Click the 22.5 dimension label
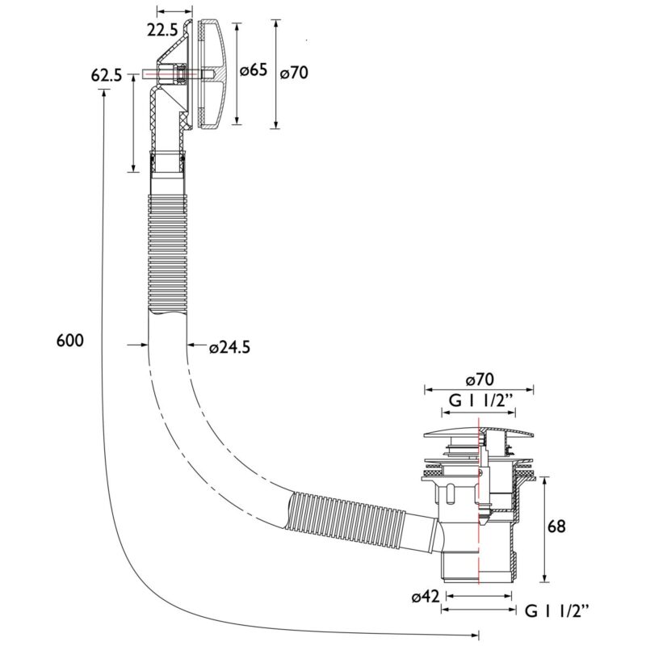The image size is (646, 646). click(x=162, y=31)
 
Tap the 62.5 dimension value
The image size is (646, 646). click(x=107, y=76)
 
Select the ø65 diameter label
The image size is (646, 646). click(x=254, y=70)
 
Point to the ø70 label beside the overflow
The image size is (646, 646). click(x=294, y=73)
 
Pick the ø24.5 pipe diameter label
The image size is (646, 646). click(x=229, y=347)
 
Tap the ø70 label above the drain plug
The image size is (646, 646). click(x=479, y=379)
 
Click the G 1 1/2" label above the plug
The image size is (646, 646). click(x=480, y=401)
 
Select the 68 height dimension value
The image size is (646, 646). click(x=556, y=526)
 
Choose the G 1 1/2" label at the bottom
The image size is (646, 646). click(x=556, y=611)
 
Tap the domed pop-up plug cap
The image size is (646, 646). click(x=479, y=432)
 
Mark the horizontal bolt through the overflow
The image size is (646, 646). click(x=178, y=74)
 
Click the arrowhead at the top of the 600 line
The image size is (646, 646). click(x=103, y=93)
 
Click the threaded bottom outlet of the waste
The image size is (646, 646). click(x=478, y=566)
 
